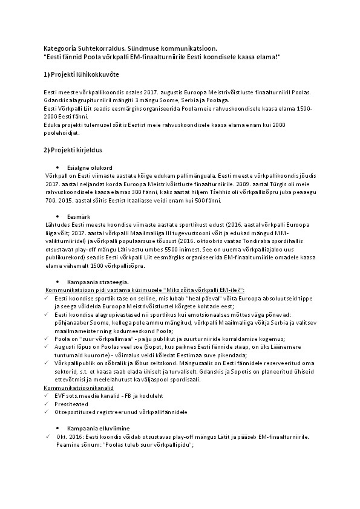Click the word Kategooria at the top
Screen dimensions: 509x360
pos(59,47)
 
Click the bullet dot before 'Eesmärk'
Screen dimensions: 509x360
pos(56,216)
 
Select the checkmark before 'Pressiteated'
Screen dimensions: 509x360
pos(47,402)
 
